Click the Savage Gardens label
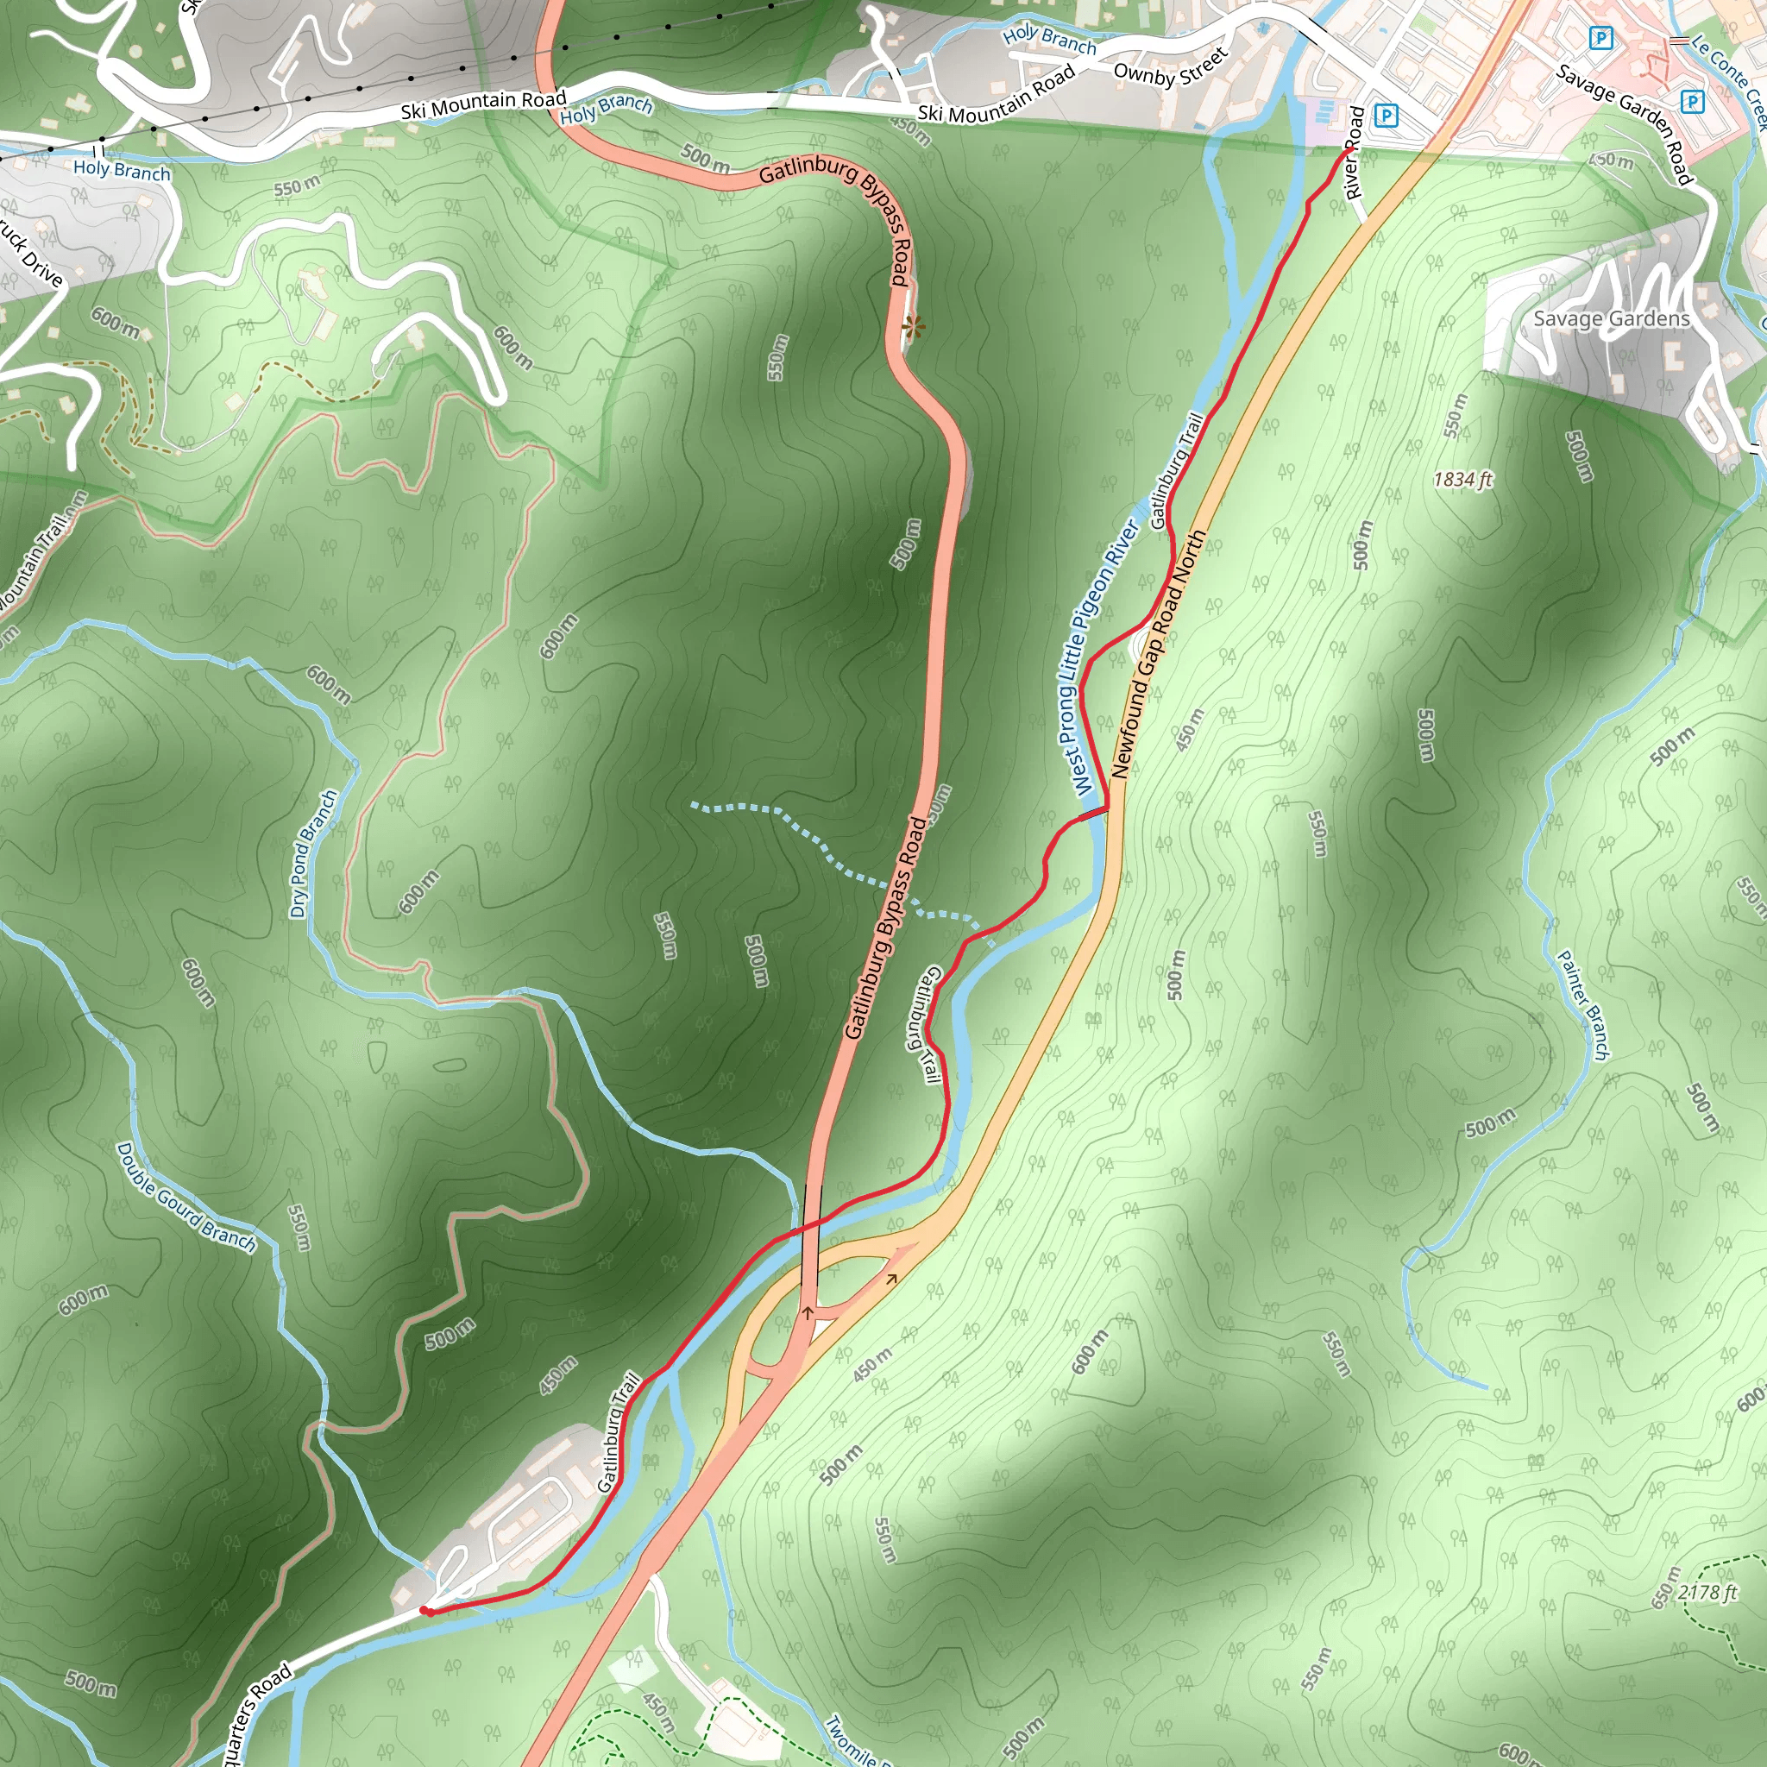[x=1612, y=318]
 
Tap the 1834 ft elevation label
[x=1462, y=479]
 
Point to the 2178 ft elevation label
[x=1707, y=1593]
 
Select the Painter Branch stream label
[x=1583, y=1005]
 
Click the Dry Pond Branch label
[x=313, y=853]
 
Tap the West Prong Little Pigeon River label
[x=1104, y=657]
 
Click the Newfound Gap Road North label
[x=1158, y=655]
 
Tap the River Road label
[x=1355, y=153]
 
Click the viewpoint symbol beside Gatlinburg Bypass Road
[x=913, y=325]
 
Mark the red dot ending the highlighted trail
[x=425, y=1611]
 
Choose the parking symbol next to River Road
[x=1387, y=116]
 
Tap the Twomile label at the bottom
[x=851, y=1740]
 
